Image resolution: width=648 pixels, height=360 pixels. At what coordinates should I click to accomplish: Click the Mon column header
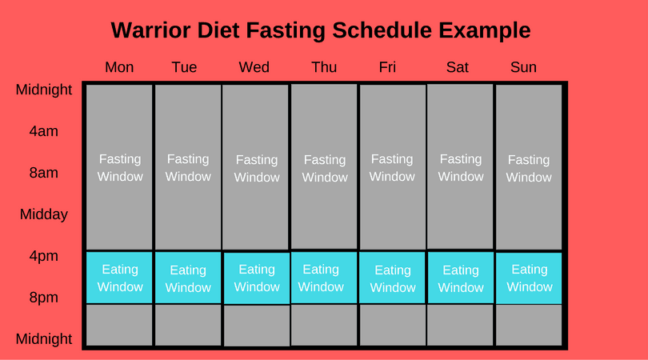point(119,67)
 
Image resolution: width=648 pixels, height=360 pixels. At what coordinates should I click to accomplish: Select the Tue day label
point(184,67)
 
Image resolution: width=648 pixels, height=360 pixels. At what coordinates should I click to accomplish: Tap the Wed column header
point(254,67)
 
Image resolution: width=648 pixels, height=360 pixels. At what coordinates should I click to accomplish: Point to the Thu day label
point(324,67)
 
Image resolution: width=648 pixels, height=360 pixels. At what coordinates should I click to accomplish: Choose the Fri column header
point(387,67)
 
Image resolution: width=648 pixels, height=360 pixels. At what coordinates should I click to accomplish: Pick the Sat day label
point(458,67)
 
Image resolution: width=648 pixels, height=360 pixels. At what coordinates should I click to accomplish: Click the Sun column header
point(523,67)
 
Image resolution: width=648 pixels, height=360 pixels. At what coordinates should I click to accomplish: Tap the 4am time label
point(43,131)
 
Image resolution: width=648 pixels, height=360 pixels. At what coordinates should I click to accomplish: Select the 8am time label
point(43,173)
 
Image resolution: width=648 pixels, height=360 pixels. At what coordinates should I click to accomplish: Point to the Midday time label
point(43,214)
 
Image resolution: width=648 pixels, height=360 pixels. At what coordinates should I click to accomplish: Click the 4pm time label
point(43,256)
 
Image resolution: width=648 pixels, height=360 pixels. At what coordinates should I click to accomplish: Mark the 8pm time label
point(43,298)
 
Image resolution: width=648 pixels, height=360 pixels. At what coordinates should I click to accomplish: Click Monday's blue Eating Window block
point(119,278)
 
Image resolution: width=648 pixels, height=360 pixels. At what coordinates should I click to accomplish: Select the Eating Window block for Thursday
point(324,278)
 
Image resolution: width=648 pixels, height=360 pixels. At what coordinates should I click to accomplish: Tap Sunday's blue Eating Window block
point(529,278)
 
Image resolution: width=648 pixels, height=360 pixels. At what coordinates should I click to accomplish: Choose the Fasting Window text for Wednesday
point(257,169)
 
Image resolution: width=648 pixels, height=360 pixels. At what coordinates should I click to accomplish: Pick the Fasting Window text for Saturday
point(461,168)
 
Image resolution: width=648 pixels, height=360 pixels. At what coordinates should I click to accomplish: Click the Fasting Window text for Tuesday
point(188,167)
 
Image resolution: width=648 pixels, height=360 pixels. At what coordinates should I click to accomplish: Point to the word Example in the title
point(486,30)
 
